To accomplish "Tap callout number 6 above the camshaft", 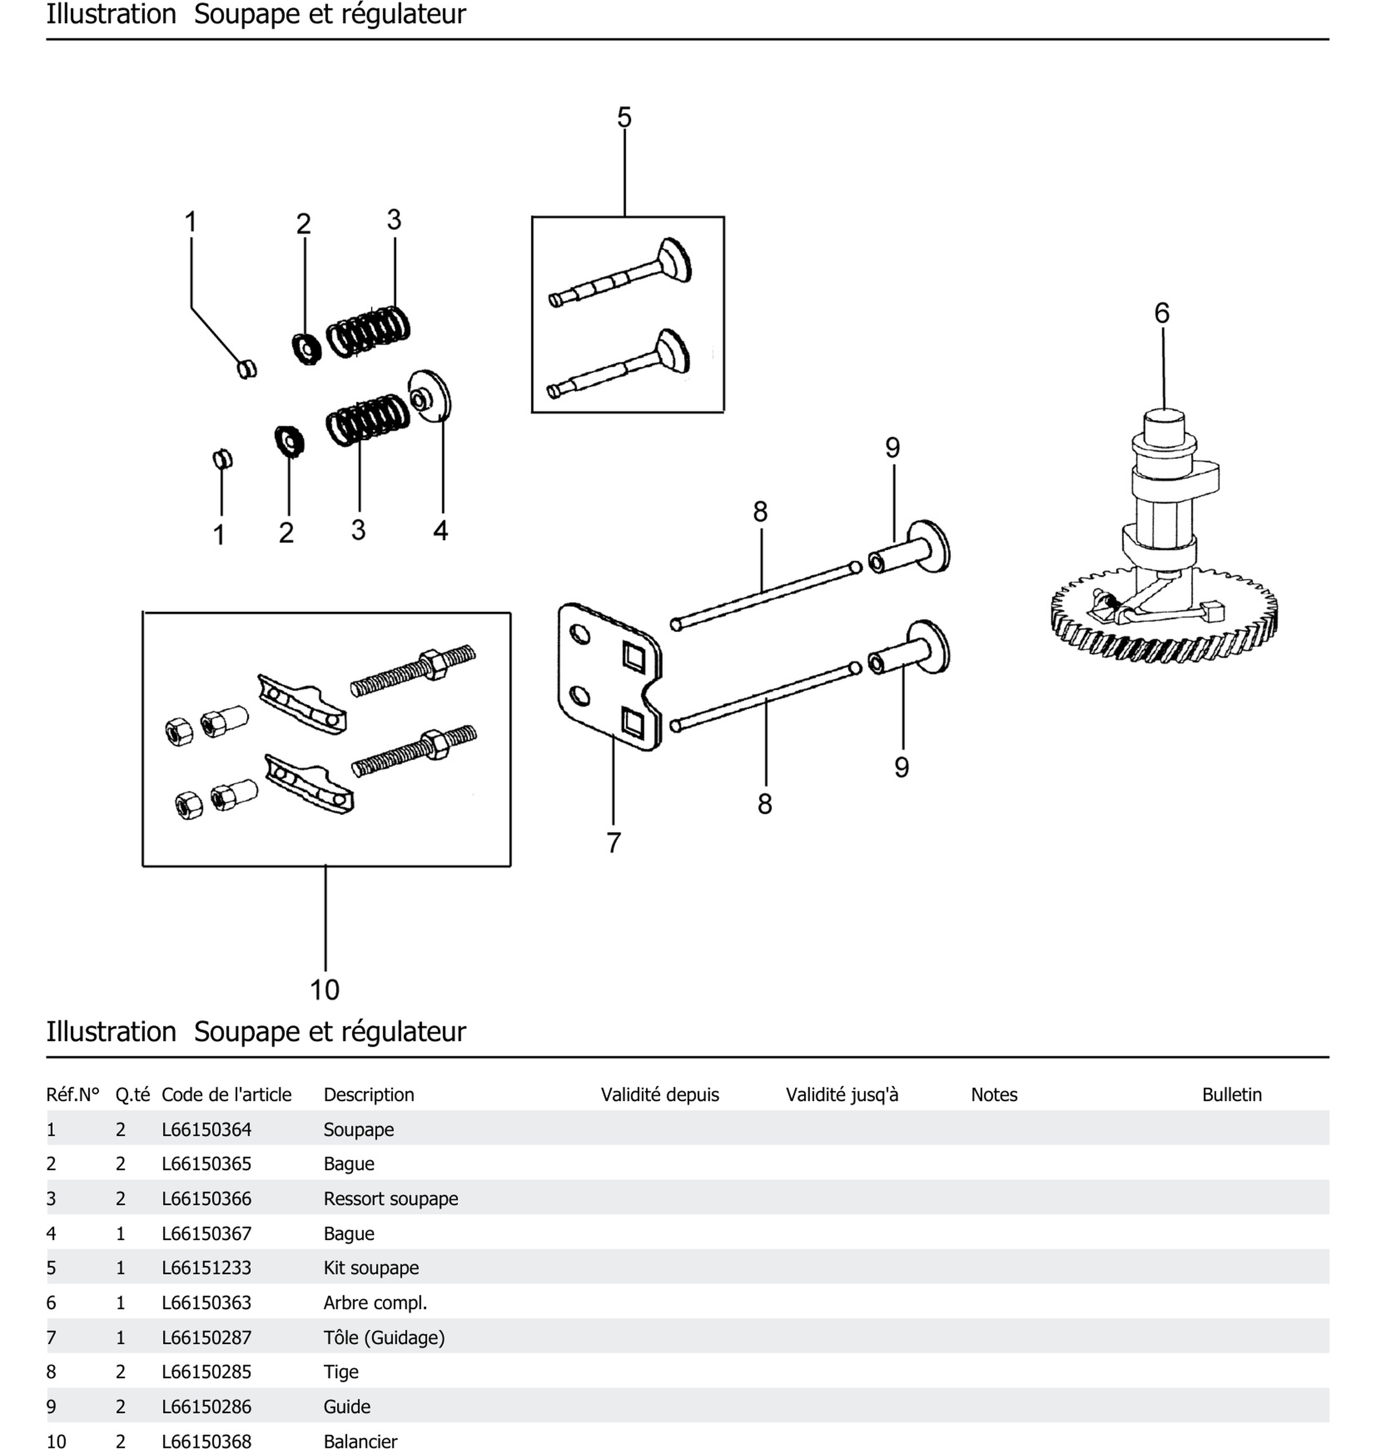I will point(1162,313).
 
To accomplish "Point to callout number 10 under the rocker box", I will point(324,990).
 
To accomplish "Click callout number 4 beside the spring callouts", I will point(440,530).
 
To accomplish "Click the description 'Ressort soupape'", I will point(390,1199).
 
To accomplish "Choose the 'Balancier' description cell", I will point(360,1442).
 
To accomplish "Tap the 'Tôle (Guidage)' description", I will point(384,1337).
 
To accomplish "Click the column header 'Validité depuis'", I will point(659,1095).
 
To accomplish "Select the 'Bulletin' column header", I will point(1232,1095).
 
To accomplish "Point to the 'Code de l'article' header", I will point(226,1095).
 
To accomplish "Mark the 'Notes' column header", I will point(994,1095).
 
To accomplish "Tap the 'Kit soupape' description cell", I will point(371,1268).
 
